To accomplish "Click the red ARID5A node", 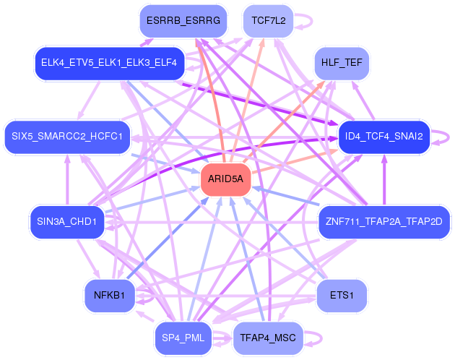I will coord(225,179).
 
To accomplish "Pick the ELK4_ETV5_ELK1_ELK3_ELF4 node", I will coord(109,63).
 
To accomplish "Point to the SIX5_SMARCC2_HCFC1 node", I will coord(67,136).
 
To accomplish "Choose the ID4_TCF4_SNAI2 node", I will coord(383,136).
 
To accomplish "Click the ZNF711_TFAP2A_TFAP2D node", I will coord(383,221).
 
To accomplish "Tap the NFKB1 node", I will coord(109,295).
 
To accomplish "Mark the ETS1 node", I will coord(342,295).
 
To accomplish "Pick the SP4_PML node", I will coord(183,338).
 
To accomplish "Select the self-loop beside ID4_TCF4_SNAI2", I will coord(440,136).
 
